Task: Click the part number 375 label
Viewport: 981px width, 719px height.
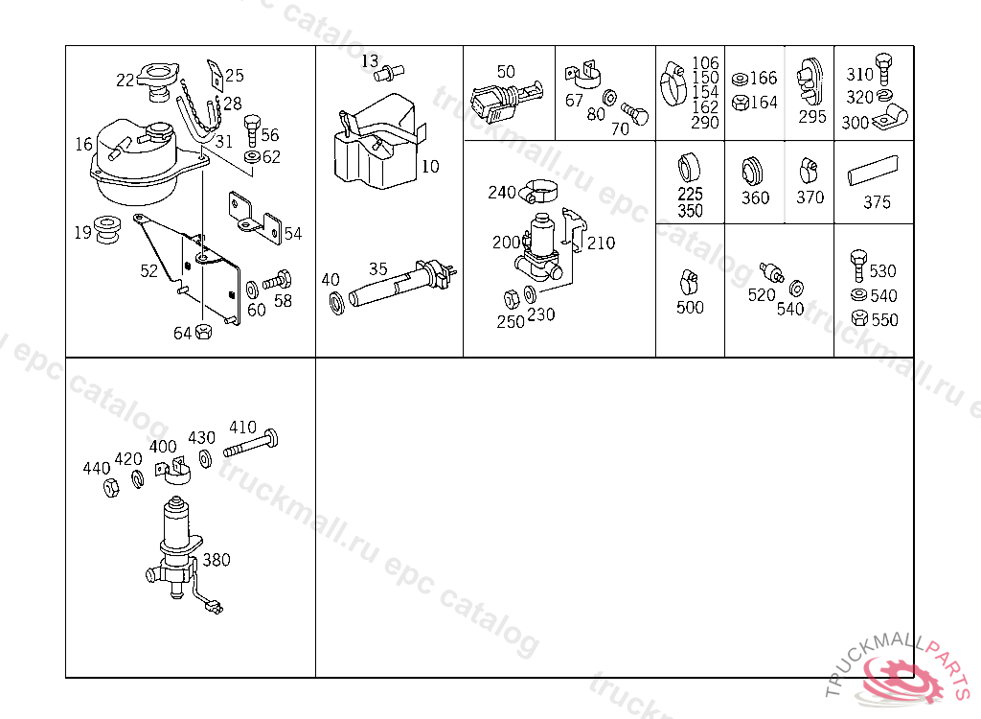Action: click(x=877, y=202)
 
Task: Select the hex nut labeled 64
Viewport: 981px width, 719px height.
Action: click(x=203, y=333)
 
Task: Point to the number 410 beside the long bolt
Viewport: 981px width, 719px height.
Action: click(x=242, y=427)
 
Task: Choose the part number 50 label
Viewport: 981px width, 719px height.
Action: click(x=506, y=72)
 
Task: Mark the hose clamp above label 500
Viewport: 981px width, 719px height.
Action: click(x=689, y=282)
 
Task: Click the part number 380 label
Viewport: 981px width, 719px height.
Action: click(x=217, y=560)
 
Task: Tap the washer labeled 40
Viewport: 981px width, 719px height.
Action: click(x=337, y=304)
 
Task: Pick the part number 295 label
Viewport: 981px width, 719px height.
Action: click(x=811, y=117)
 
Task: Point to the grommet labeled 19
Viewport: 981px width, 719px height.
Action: click(x=108, y=231)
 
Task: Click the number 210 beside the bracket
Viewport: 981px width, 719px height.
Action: click(x=601, y=243)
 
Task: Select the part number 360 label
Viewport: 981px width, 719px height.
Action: click(x=755, y=198)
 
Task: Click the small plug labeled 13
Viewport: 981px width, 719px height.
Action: click(x=392, y=71)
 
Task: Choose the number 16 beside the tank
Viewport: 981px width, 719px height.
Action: click(x=83, y=145)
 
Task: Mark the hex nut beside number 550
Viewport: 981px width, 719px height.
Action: click(x=858, y=319)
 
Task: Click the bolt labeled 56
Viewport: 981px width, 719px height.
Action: click(x=252, y=128)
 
